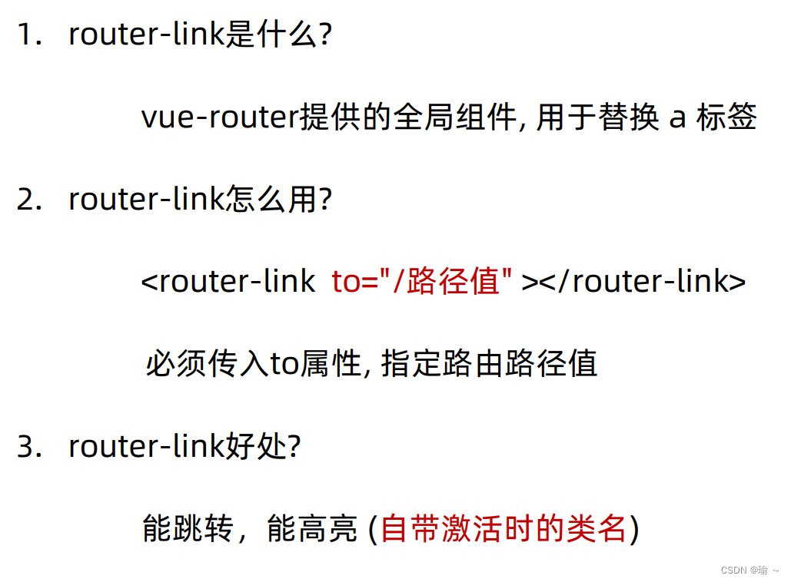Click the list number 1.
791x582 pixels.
pyautogui.click(x=28, y=35)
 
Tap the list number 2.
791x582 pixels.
pyautogui.click(x=28, y=200)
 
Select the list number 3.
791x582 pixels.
pyautogui.click(x=28, y=447)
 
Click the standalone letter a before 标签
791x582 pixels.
pyautogui.click(x=677, y=119)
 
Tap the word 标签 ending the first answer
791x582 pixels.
pyautogui.click(x=726, y=117)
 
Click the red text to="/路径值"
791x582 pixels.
pyautogui.click(x=422, y=282)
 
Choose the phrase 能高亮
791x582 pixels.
pyautogui.click(x=312, y=529)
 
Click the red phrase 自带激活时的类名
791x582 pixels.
pyautogui.click(x=504, y=529)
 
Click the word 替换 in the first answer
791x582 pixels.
pyautogui.click(x=628, y=117)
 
